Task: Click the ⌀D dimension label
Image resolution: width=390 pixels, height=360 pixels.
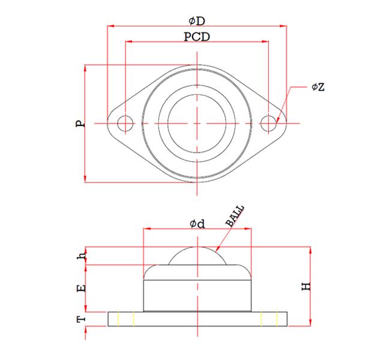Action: pos(197,21)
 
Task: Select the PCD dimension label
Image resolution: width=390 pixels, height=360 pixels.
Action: pos(197,37)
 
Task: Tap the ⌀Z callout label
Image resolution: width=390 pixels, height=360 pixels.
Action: pos(318,87)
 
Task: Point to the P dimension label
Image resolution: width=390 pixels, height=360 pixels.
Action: pos(80,124)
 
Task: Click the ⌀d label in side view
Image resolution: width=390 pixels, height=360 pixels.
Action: pos(197,224)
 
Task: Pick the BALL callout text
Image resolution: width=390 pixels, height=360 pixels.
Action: pos(235,216)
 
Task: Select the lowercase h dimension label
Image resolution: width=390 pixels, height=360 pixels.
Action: pos(82,256)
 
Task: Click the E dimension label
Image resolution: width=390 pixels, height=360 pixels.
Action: pos(82,288)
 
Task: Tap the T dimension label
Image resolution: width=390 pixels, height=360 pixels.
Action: pos(81,319)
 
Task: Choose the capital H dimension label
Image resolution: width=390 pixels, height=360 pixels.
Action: pos(306,286)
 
